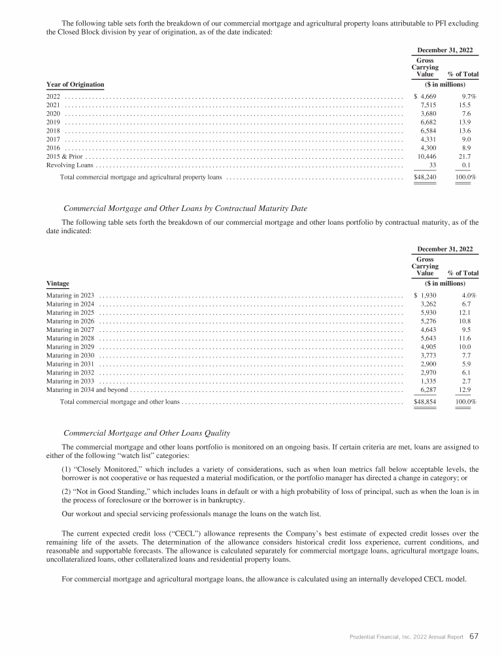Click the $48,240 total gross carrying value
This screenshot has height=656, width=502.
pos(426,176)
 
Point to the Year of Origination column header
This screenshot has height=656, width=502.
pos(75,84)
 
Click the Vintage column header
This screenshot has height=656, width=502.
pos(58,284)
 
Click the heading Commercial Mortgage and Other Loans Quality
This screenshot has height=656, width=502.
pos(146,434)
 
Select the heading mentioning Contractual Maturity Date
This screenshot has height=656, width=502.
pos(185,208)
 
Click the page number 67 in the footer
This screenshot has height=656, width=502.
pos(475,636)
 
